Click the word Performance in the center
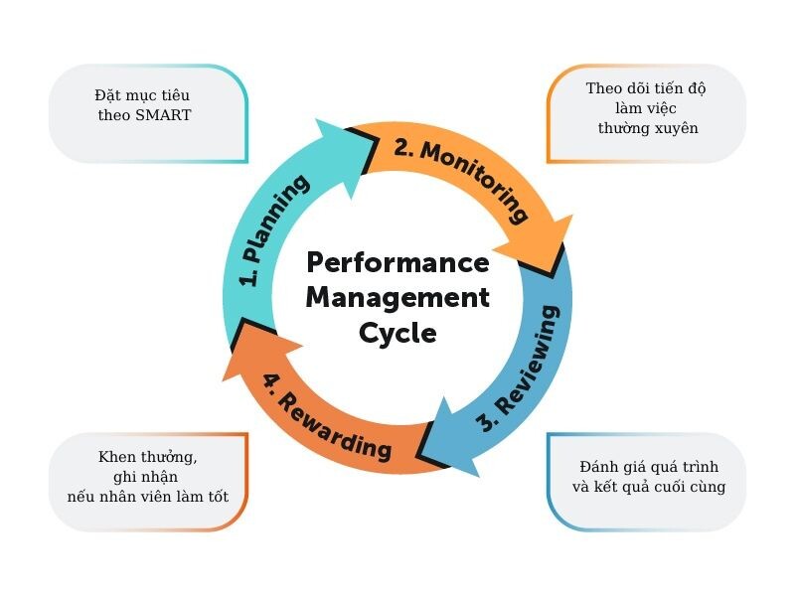(397, 264)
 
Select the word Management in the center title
(397, 297)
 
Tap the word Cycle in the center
(397, 332)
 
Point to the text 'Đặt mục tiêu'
(142, 95)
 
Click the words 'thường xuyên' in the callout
(648, 128)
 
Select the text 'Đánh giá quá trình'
(648, 467)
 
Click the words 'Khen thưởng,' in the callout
(148, 457)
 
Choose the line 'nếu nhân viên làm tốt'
(148, 496)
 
